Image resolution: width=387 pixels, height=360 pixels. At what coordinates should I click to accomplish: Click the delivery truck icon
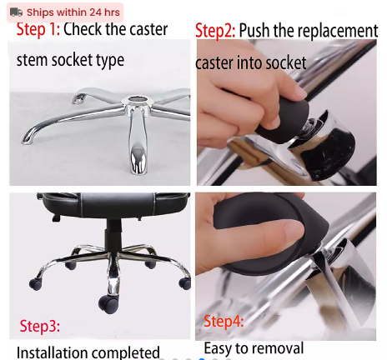tap(16, 12)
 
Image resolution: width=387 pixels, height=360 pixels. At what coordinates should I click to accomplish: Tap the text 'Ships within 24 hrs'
tap(73, 12)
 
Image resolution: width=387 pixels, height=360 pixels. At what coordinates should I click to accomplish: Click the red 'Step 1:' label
tap(38, 31)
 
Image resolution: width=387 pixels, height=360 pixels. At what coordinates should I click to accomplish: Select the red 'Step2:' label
tap(214, 32)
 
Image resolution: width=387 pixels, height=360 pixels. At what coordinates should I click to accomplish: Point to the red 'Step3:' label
tap(40, 325)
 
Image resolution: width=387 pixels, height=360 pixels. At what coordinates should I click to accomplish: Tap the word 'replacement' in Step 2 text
tap(332, 32)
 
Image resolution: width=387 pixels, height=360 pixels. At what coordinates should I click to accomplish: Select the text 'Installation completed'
tap(88, 352)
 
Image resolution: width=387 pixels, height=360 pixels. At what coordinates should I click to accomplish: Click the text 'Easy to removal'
tap(254, 347)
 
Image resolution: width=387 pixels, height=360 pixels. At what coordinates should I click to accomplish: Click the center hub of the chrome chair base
tap(133, 107)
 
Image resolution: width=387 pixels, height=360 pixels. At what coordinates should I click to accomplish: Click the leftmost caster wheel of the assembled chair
tap(35, 284)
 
